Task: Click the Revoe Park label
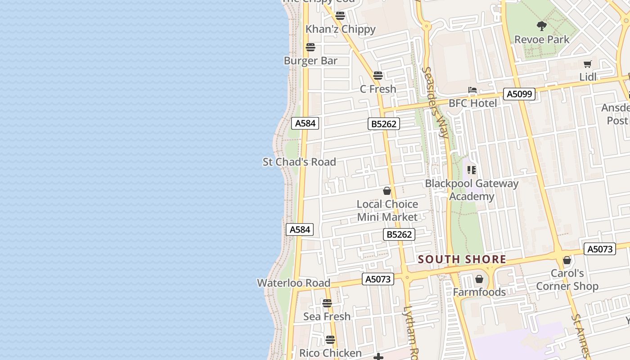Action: (542, 40)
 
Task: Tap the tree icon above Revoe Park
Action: (542, 26)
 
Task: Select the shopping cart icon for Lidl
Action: (587, 64)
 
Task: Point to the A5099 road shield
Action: (520, 94)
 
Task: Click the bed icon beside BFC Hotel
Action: (472, 90)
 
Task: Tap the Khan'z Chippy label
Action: (340, 29)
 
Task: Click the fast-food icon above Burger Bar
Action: (310, 47)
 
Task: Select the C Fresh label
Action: (378, 89)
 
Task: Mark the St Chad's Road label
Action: (299, 162)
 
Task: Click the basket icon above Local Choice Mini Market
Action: (387, 191)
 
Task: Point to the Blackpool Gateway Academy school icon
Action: (472, 170)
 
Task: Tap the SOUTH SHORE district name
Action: (462, 260)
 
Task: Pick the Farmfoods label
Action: (479, 292)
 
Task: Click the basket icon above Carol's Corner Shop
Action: (567, 260)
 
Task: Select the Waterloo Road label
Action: (293, 283)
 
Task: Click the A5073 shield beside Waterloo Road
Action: (378, 279)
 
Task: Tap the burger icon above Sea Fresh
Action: (327, 303)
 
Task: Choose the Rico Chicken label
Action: (330, 353)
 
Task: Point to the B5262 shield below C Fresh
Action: (384, 124)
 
